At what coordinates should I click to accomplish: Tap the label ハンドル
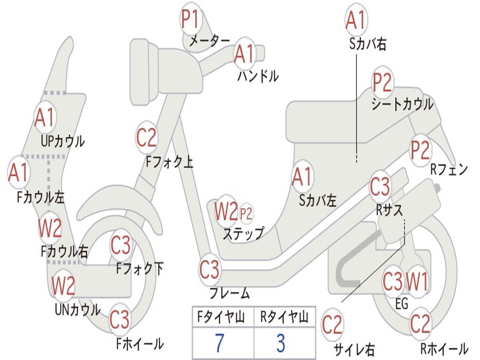tap(258, 75)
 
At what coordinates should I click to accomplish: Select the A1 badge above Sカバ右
tap(355, 20)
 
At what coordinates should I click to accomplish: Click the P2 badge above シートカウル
tap(382, 82)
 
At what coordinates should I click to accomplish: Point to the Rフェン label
tap(449, 170)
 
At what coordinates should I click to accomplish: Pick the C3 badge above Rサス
tap(380, 187)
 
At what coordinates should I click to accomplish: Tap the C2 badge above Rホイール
tap(420, 323)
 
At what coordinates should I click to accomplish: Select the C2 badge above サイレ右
tap(332, 325)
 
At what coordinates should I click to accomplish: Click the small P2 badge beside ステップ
tap(246, 214)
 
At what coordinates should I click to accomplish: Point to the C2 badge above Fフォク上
tap(147, 137)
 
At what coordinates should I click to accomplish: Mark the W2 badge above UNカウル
tap(63, 285)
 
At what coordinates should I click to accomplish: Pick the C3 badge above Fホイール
tap(120, 320)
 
